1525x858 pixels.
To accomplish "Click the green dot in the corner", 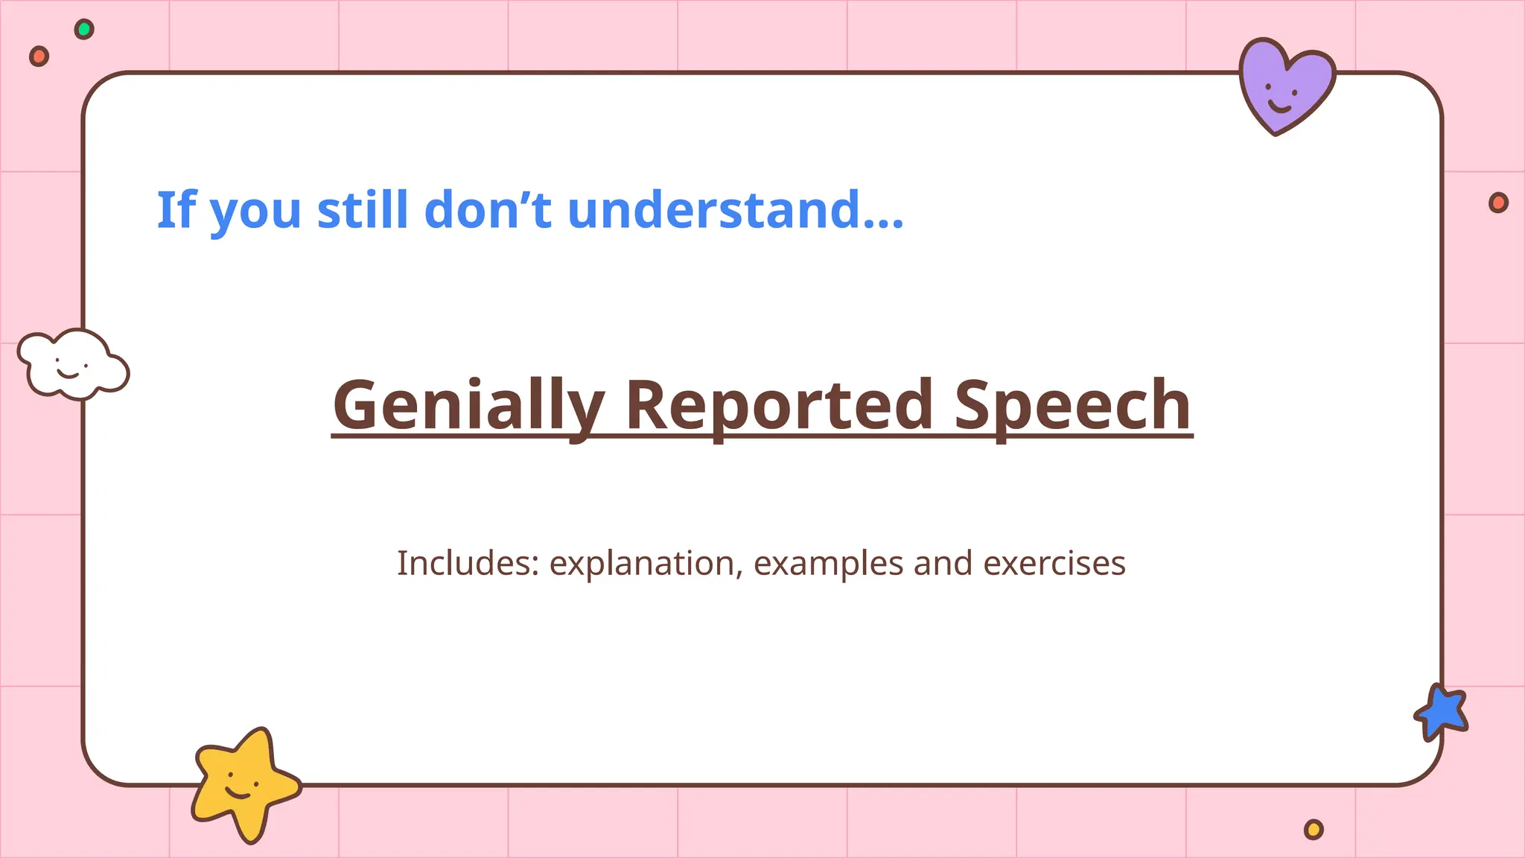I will pyautogui.click(x=84, y=29).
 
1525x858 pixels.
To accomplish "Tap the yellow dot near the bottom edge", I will pyautogui.click(x=1314, y=829).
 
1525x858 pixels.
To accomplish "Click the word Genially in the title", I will pyautogui.click(x=467, y=405).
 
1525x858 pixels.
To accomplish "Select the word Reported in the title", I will pyautogui.click(x=778, y=405).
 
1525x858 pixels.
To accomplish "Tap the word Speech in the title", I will pyautogui.click(x=1072, y=405).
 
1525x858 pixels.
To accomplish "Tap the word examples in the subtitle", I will pyautogui.click(x=828, y=563).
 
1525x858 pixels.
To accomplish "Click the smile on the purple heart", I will pyautogui.click(x=1280, y=106).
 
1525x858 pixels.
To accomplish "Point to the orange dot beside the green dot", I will pyautogui.click(x=39, y=56).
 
